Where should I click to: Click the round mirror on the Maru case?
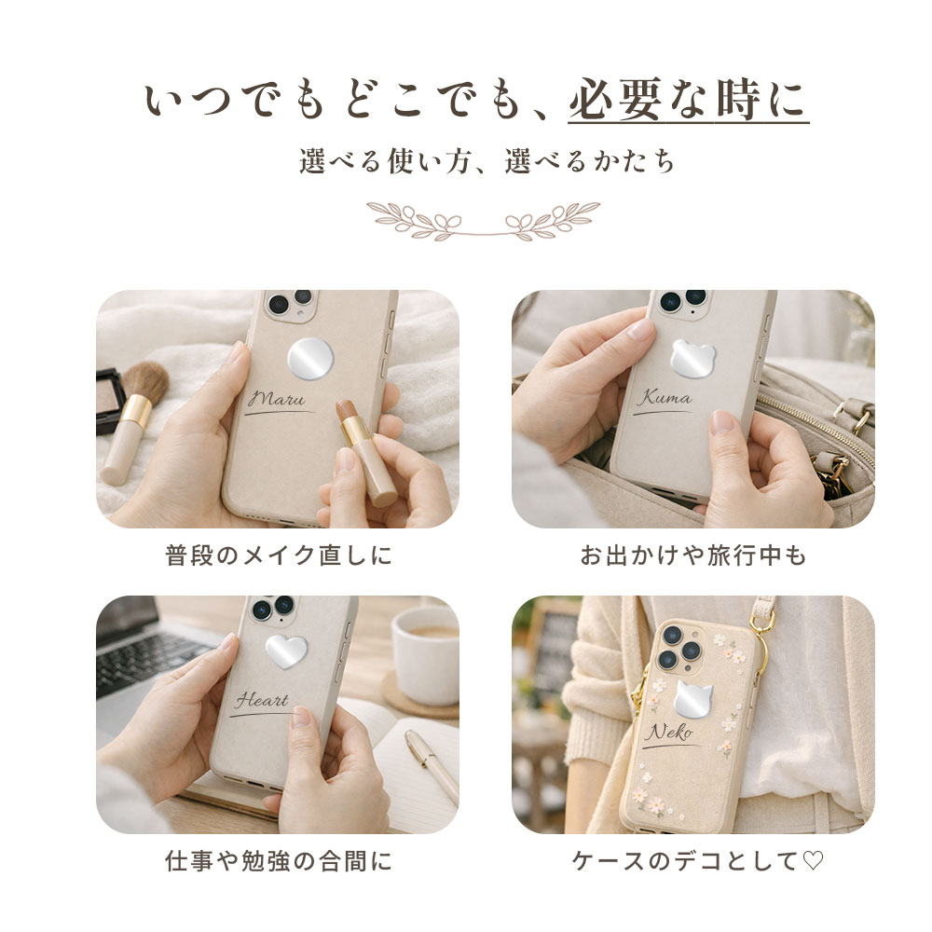(x=310, y=359)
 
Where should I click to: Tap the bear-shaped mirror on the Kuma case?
(x=693, y=359)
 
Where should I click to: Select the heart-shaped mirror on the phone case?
(x=286, y=651)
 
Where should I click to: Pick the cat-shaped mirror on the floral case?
(x=692, y=698)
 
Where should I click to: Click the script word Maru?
(x=278, y=398)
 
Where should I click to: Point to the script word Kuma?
(x=665, y=397)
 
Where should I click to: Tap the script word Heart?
(x=262, y=700)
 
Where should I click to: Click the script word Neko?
(x=669, y=732)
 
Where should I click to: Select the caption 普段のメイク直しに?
(x=279, y=555)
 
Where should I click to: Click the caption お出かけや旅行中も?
(x=693, y=555)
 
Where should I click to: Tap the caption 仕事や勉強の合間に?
(x=279, y=861)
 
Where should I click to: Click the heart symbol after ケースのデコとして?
(x=813, y=860)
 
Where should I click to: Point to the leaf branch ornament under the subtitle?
(x=483, y=221)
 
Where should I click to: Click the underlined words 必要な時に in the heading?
(x=689, y=100)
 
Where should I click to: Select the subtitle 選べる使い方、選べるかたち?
(x=487, y=161)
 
